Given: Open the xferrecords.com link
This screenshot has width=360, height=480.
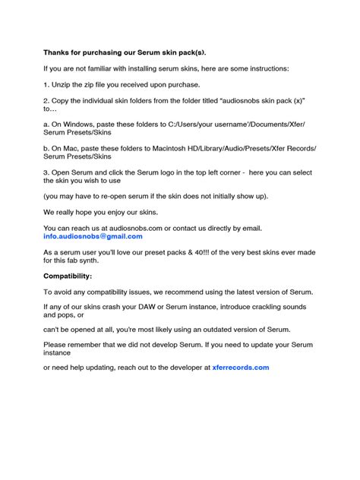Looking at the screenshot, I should click(x=241, y=367).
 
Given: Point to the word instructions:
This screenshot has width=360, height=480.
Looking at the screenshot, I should click(x=264, y=68).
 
